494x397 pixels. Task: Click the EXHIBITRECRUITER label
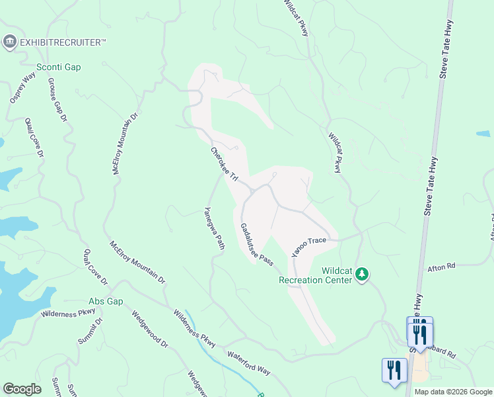[x=63, y=42]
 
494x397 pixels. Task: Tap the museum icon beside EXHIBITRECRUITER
[x=10, y=42]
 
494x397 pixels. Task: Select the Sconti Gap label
[x=58, y=67]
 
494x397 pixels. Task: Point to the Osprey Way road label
[x=21, y=88]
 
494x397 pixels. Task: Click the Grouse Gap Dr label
[x=57, y=100]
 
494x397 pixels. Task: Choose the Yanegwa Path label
[x=214, y=228]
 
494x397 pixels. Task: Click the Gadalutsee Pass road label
[x=256, y=244]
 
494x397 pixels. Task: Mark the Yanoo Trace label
[x=309, y=245]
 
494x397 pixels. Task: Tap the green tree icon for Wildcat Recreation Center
[x=361, y=273]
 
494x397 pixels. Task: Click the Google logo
[x=22, y=389]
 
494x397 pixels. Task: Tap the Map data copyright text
[x=453, y=392]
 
